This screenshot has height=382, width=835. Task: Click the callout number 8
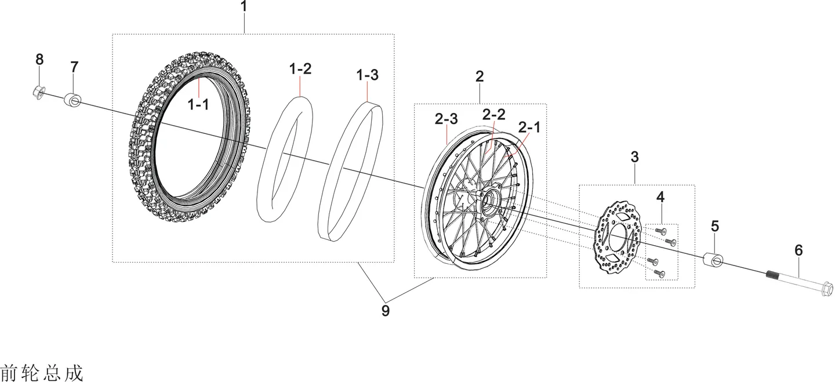click(x=39, y=59)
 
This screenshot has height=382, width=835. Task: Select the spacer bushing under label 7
click(x=72, y=100)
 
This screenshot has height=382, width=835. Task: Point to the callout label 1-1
click(x=198, y=105)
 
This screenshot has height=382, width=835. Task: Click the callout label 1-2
click(x=300, y=68)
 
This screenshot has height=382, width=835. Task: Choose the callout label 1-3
click(x=367, y=75)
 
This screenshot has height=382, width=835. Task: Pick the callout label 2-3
click(x=446, y=119)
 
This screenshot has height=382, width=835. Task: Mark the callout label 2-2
click(x=493, y=114)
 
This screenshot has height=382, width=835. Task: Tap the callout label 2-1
click(x=529, y=128)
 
